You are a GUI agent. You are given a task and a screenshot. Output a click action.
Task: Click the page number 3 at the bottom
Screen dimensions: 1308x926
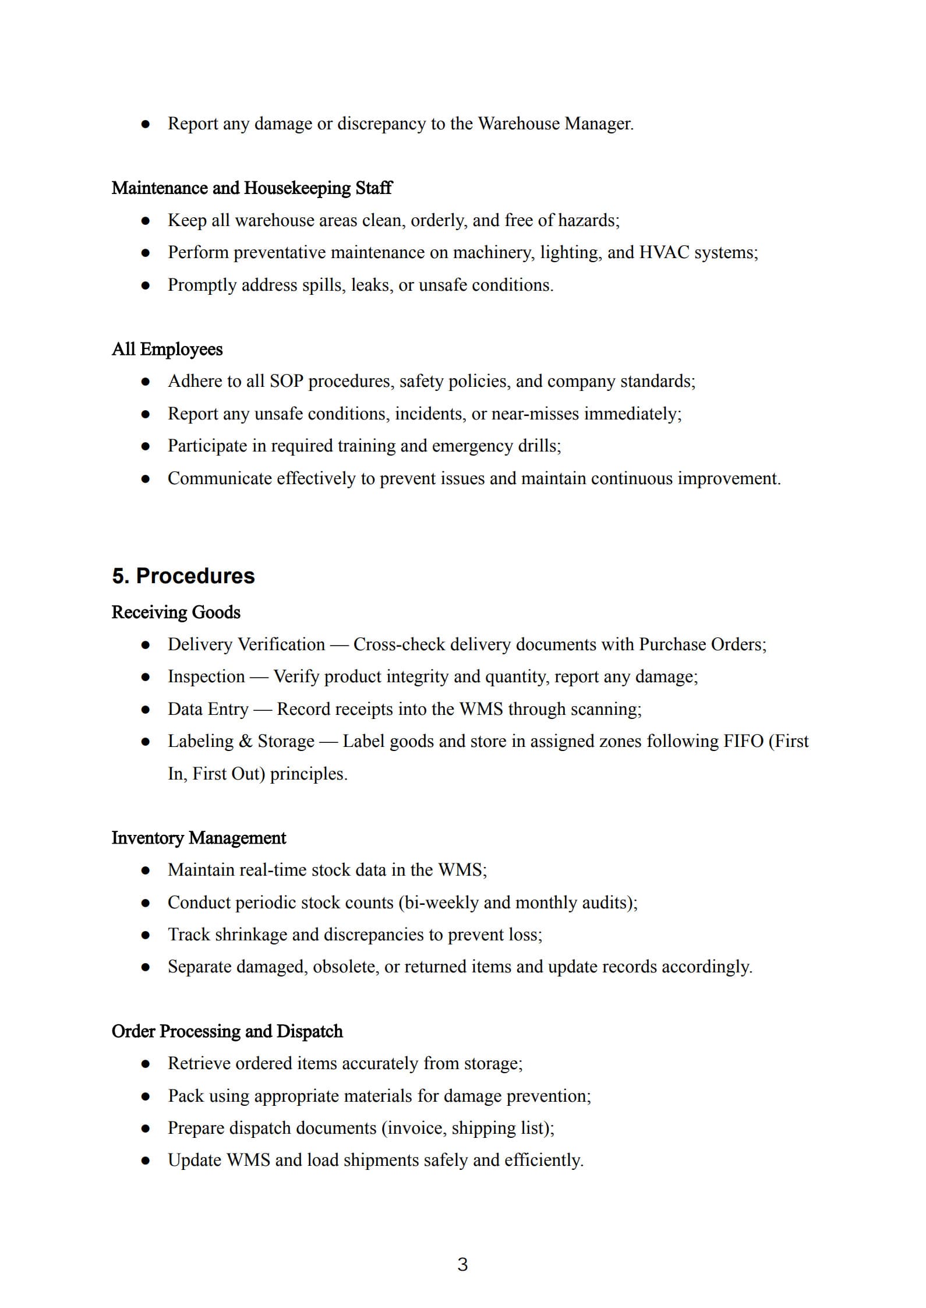pos(462,1264)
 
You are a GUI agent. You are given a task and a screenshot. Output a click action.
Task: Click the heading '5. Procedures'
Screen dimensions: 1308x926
pos(183,576)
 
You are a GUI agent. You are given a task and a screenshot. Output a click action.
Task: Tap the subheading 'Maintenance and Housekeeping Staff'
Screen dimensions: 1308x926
pos(252,188)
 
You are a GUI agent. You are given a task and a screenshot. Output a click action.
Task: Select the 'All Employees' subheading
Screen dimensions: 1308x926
pos(167,349)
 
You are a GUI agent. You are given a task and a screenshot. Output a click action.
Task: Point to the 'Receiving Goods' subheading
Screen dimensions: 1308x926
pos(176,612)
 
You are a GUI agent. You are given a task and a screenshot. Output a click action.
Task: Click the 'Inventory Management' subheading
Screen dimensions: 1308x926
pos(199,837)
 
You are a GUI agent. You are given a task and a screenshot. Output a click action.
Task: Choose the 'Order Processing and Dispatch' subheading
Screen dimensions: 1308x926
pos(227,1031)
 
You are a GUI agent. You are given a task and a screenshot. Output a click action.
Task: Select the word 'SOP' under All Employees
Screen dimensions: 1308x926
pos(287,381)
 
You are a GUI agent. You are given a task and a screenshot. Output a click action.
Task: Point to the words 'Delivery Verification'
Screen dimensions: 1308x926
pos(246,644)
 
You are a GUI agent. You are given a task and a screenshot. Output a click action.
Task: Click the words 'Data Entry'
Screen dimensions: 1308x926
pos(208,709)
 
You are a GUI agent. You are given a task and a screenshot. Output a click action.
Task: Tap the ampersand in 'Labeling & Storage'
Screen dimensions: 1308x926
pos(245,741)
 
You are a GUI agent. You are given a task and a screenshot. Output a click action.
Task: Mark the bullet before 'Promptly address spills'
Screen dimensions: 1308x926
pos(146,285)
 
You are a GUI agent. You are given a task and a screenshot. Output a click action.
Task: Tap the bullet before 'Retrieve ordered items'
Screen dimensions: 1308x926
pos(146,1064)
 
